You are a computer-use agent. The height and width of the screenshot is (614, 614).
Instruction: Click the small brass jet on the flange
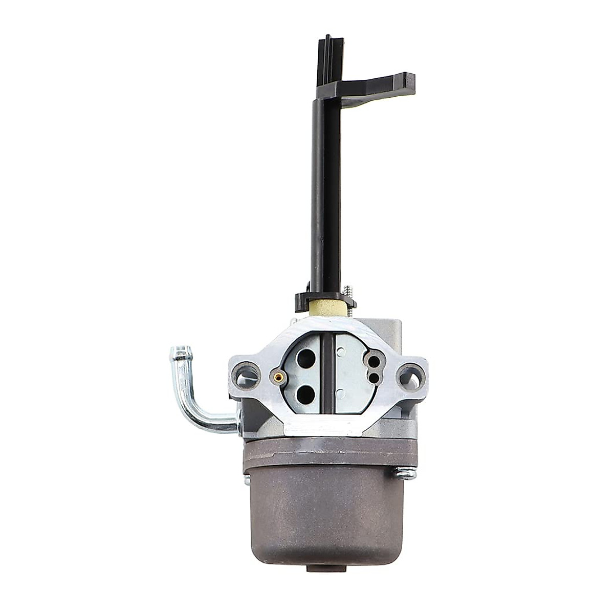pyautogui.click(x=279, y=377)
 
